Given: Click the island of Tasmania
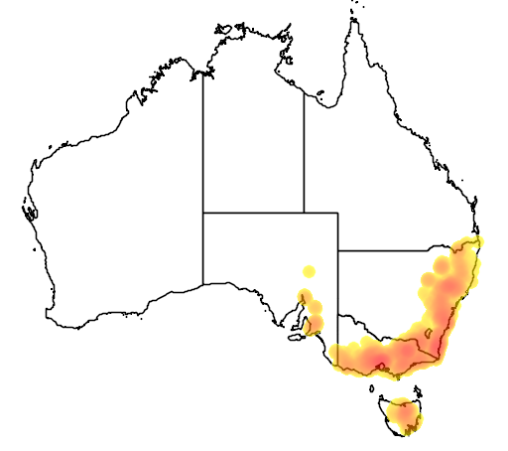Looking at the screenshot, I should pyautogui.click(x=397, y=415).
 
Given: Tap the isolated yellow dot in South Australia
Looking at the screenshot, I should pyautogui.click(x=309, y=271).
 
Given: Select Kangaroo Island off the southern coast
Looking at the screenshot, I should pyautogui.click(x=295, y=338).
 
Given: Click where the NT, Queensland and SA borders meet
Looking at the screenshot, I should pyautogui.click(x=304, y=213).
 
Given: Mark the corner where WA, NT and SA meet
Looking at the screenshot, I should pyautogui.click(x=203, y=213).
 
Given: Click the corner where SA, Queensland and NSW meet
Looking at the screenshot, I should pyautogui.click(x=338, y=251).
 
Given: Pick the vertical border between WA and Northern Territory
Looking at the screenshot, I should pyautogui.click(x=203, y=139).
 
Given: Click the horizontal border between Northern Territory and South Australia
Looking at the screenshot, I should pyautogui.click(x=253, y=213).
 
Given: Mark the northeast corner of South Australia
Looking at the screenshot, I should pyautogui.click(x=338, y=213).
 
